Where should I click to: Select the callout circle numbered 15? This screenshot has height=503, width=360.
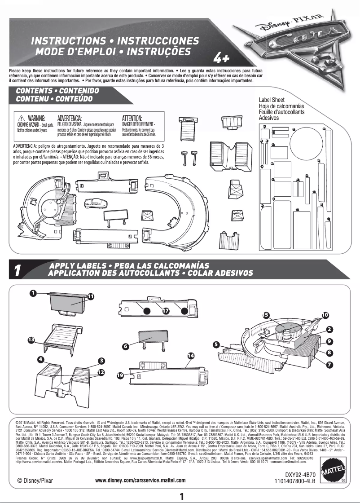266,315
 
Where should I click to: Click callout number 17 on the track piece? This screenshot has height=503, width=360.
166,310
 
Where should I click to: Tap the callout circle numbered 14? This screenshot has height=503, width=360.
191,355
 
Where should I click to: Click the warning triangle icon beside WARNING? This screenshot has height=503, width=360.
21,118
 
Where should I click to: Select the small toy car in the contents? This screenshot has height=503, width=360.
94,203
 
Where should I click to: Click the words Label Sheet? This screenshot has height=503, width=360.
272,100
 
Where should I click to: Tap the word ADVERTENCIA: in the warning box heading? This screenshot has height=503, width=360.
72,118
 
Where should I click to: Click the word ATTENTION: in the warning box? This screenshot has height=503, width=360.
132,118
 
